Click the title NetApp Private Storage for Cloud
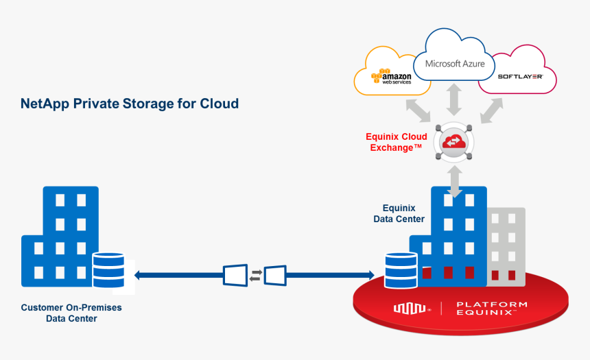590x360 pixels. click(130, 104)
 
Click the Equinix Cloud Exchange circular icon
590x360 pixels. click(453, 142)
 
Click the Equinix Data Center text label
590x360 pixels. click(399, 213)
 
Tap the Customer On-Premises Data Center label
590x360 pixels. click(71, 313)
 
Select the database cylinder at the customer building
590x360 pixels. click(108, 270)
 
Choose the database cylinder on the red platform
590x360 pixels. click(401, 270)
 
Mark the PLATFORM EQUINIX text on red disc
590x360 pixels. click(492, 309)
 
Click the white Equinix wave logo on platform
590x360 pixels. click(410, 309)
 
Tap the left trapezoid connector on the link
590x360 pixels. click(235, 275)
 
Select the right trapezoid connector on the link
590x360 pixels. click(275, 275)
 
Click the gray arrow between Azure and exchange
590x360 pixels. click(453, 101)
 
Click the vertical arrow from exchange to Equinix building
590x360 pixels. click(453, 182)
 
